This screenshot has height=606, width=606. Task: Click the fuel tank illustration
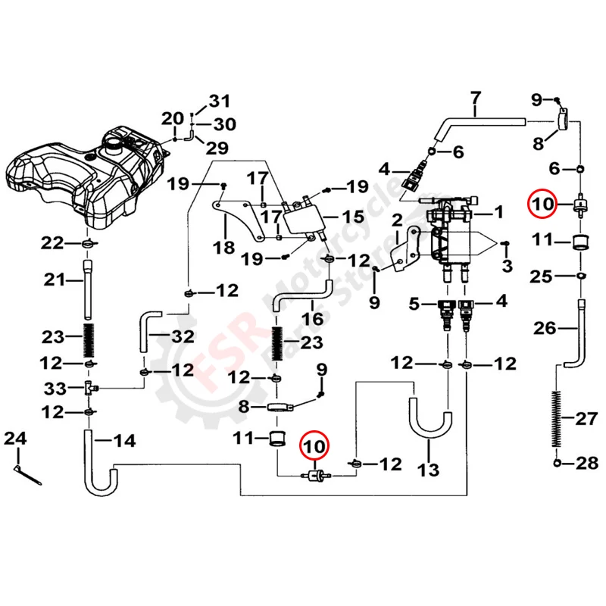83,178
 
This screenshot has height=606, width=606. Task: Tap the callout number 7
476,98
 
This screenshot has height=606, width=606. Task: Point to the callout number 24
15,438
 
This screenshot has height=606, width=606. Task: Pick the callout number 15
353,217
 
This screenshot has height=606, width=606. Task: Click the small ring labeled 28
558,462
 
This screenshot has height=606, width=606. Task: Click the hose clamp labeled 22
89,243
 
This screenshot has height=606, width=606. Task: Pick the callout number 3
506,266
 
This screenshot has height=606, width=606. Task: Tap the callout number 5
413,305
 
